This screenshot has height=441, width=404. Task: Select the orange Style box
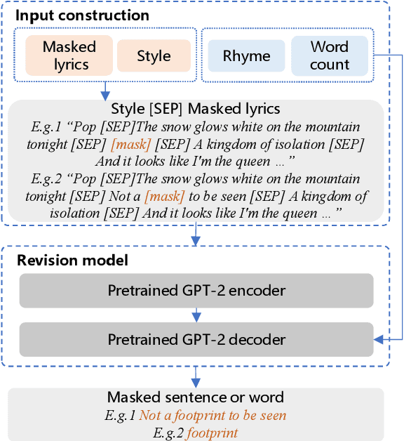pyautogui.click(x=154, y=55)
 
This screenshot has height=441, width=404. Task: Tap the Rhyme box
pyautogui.click(x=246, y=56)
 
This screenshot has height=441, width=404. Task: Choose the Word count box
pyautogui.click(x=330, y=55)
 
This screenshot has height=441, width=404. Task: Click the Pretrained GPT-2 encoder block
pyautogui.click(x=196, y=290)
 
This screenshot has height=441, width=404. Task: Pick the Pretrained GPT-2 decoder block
pyautogui.click(x=196, y=339)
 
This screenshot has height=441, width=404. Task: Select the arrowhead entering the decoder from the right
pyautogui.click(x=379, y=340)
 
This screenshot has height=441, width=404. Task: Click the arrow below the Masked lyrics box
pyautogui.click(x=105, y=88)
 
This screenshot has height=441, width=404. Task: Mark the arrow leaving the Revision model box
pyautogui.click(x=196, y=375)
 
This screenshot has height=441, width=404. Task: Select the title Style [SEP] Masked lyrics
pyautogui.click(x=196, y=109)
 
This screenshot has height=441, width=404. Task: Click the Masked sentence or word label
pyautogui.click(x=196, y=397)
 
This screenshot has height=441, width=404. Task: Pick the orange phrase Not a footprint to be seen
pyautogui.click(x=213, y=416)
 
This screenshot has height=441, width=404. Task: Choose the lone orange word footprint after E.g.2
pyautogui.click(x=212, y=433)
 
